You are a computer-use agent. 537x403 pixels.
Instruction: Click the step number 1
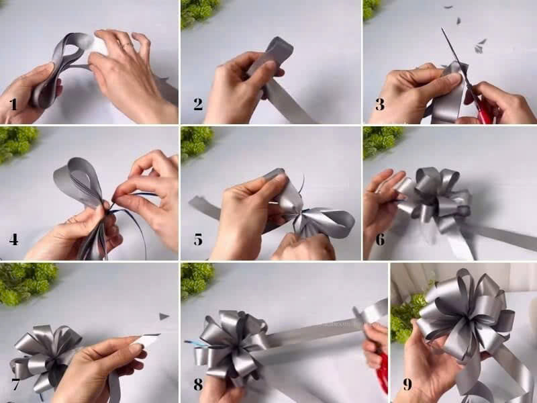coord(13,105)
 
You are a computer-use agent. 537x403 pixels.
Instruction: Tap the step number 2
coord(198,104)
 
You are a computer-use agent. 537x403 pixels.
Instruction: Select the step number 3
coord(380,105)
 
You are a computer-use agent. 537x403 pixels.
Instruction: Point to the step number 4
coord(13,240)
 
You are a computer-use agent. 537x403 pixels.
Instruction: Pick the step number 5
coord(198,240)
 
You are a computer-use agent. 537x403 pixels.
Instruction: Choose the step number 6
coord(380,240)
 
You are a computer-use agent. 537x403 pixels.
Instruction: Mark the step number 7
coord(15,384)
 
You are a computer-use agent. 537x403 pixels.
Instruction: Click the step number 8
coord(198,384)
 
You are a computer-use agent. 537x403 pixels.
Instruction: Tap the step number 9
coord(407,384)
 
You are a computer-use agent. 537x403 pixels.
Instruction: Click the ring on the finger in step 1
coord(126,45)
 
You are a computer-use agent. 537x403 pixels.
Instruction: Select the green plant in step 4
coord(17,143)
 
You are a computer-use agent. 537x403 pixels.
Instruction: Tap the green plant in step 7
coord(28,283)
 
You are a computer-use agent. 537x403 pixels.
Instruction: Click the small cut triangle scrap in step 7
coord(164,316)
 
